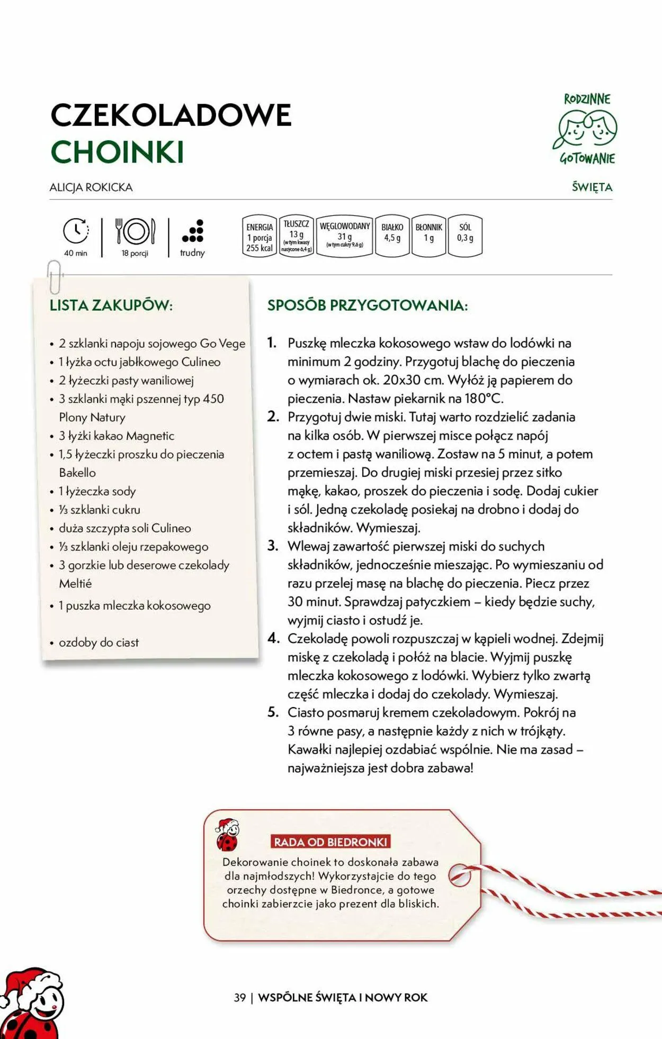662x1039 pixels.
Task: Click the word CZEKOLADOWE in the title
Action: point(171,115)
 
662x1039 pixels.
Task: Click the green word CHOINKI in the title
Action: point(117,152)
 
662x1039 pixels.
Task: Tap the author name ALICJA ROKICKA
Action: point(91,187)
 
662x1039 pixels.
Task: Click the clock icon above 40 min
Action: point(76,231)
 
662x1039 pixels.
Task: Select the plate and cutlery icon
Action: point(135,231)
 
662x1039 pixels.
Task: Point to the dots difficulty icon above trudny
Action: point(193,231)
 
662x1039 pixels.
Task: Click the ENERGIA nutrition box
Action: point(260,237)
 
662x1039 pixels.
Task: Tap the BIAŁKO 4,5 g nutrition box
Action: point(392,236)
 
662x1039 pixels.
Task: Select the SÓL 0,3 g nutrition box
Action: point(465,236)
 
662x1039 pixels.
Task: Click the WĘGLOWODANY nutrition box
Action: point(345,236)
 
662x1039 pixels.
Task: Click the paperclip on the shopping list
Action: point(54,276)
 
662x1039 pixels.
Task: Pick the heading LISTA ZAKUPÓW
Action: point(111,305)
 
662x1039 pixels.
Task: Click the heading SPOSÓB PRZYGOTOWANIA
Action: point(367,305)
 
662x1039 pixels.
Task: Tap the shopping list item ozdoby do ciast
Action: point(99,643)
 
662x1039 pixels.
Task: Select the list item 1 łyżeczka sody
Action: point(97,491)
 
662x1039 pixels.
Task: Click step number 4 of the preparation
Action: point(273,638)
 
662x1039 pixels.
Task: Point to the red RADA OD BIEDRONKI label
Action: point(330,842)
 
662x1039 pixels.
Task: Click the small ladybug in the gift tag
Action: point(227,835)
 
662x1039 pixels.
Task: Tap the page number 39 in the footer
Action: point(240,997)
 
